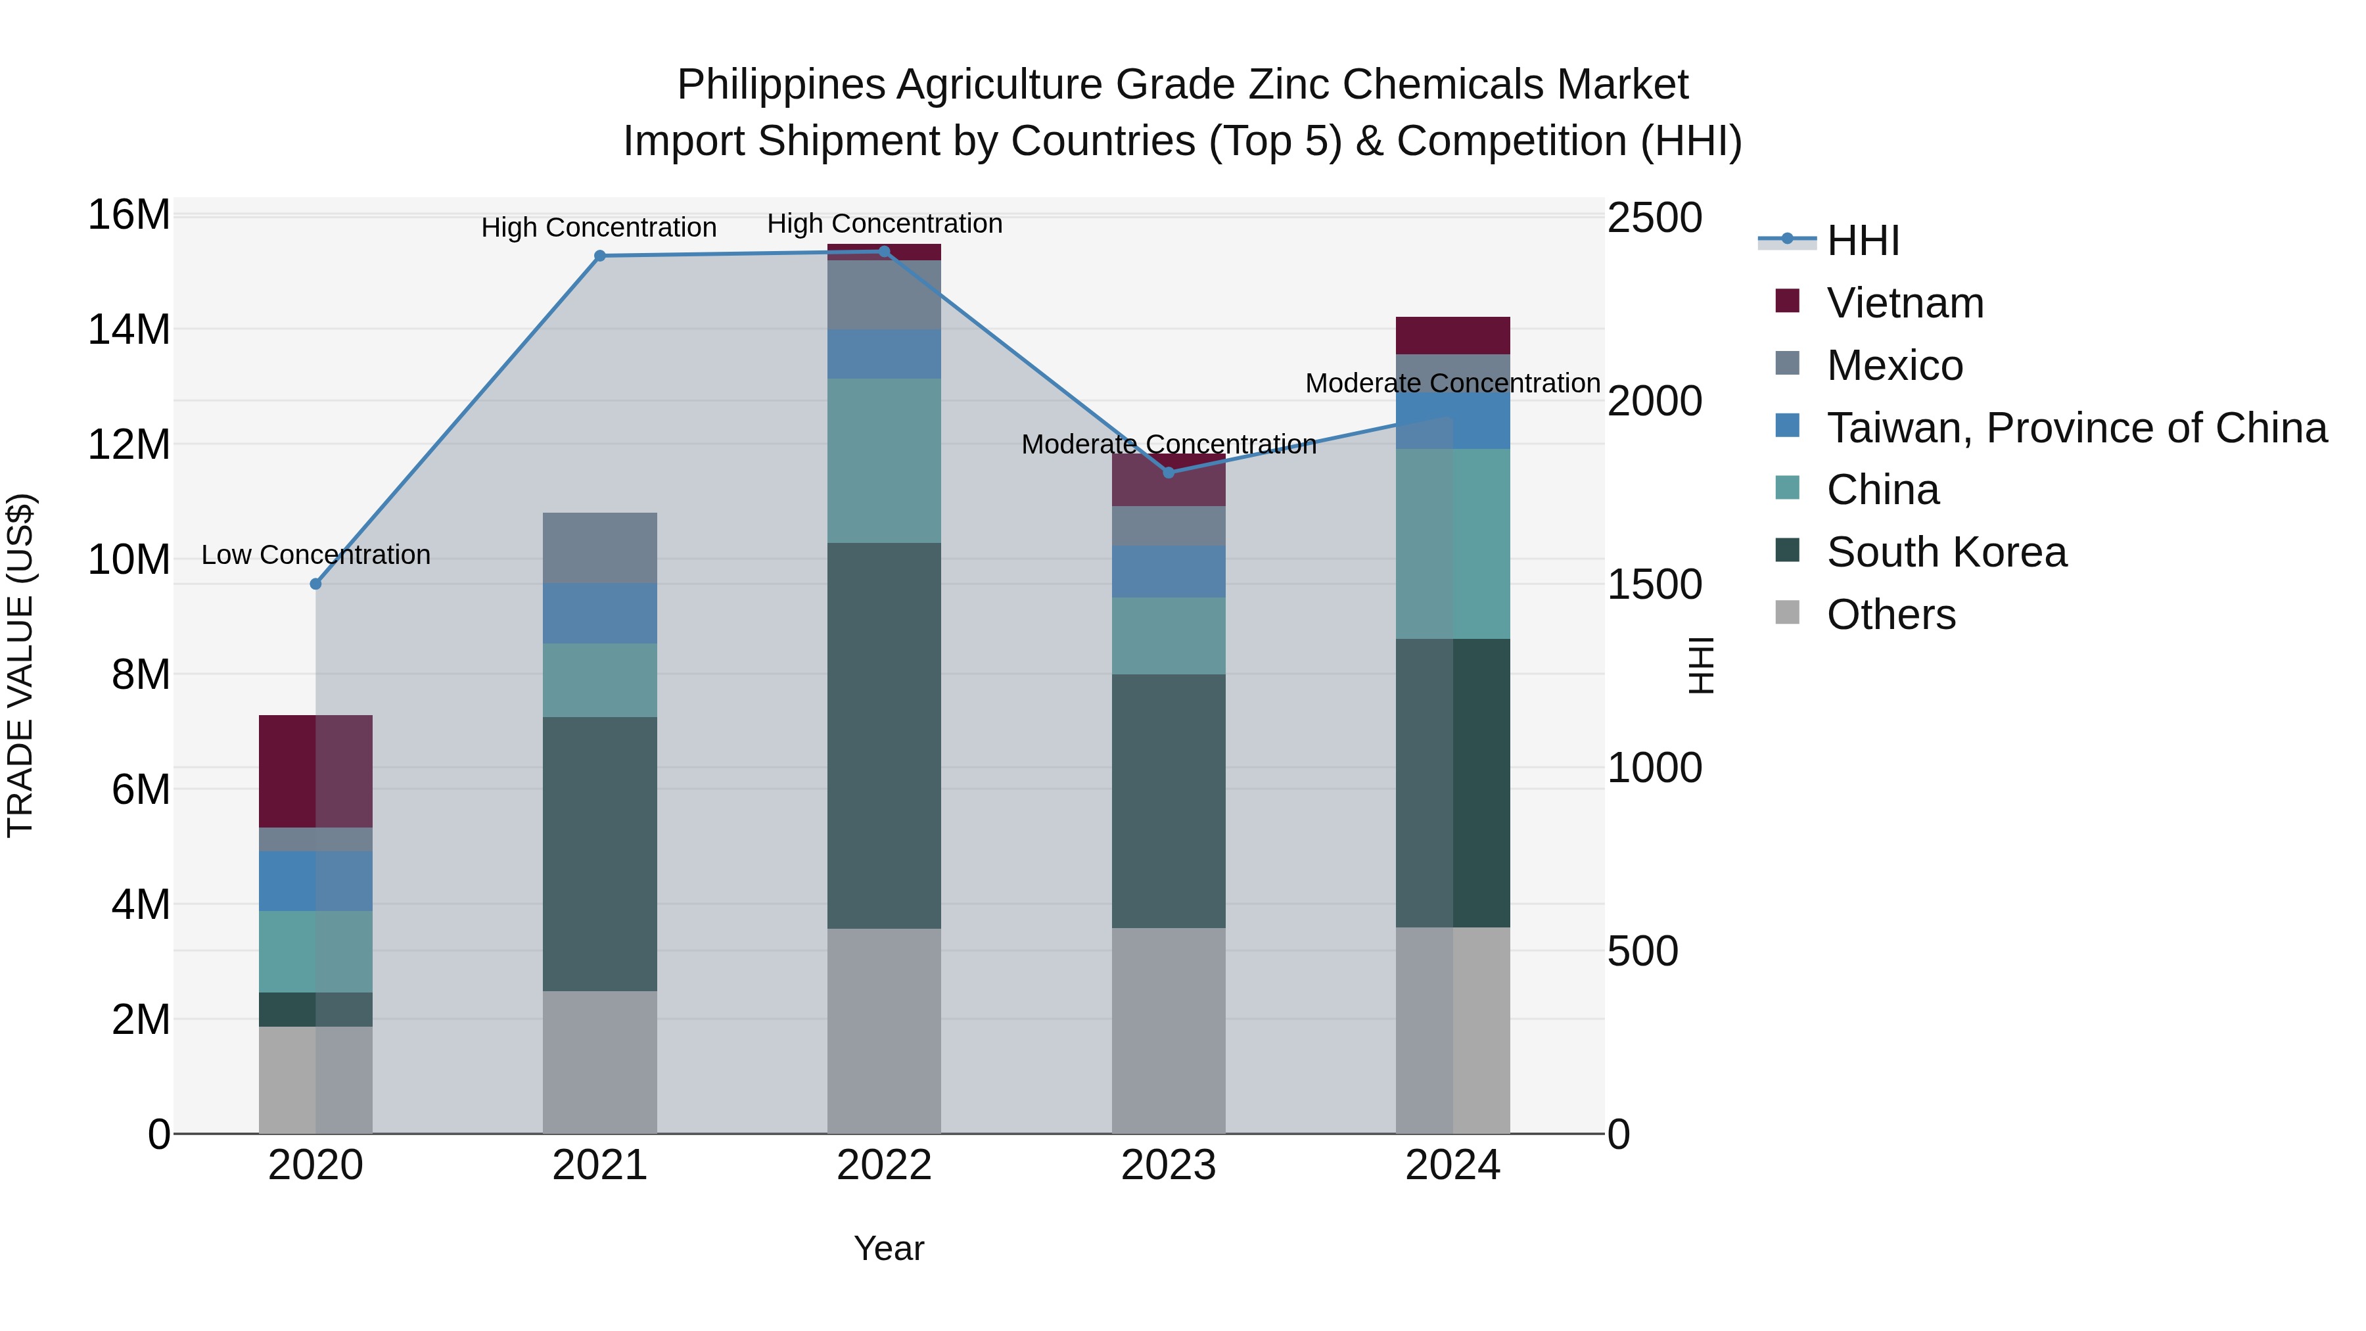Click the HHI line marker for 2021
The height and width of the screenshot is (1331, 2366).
coord(600,256)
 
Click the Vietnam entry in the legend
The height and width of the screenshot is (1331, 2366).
coord(1905,303)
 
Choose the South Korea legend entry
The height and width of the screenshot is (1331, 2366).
coord(1946,552)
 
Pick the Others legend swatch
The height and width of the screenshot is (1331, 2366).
coord(1788,613)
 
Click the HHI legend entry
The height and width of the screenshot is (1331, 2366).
coord(1863,241)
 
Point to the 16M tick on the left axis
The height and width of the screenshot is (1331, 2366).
coord(129,215)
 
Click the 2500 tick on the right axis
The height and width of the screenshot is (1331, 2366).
coord(1654,219)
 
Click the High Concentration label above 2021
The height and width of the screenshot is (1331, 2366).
coord(599,228)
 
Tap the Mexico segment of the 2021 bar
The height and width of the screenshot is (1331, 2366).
coord(600,548)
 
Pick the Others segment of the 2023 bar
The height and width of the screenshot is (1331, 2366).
coord(1169,1029)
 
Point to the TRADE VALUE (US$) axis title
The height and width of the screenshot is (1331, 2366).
coord(20,665)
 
